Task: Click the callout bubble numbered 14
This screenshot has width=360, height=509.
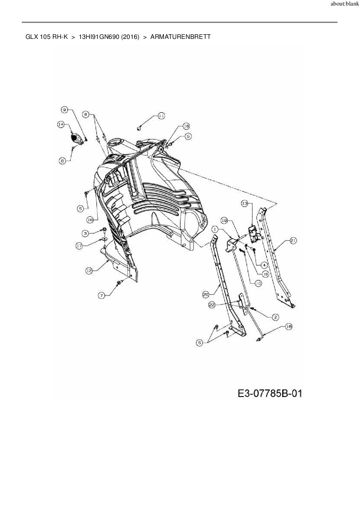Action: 60,124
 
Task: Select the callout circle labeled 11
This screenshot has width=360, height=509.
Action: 161,116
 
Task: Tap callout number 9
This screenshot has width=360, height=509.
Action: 65,109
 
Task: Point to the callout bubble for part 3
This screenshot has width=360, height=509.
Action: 85,233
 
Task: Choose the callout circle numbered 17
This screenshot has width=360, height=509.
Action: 79,246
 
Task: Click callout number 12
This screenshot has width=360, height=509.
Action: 89,270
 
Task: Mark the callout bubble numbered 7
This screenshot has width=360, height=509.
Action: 101,295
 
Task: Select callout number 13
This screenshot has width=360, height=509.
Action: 244,204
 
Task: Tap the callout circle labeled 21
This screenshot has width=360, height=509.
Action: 293,240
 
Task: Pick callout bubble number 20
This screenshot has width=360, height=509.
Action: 206,295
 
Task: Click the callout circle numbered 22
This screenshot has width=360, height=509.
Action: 212,305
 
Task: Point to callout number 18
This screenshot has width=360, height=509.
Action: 289,327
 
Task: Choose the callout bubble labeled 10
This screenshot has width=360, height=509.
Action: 258,283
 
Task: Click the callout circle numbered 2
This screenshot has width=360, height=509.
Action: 275,317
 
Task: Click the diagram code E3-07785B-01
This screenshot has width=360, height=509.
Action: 270,394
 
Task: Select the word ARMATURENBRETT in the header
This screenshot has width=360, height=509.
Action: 180,37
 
